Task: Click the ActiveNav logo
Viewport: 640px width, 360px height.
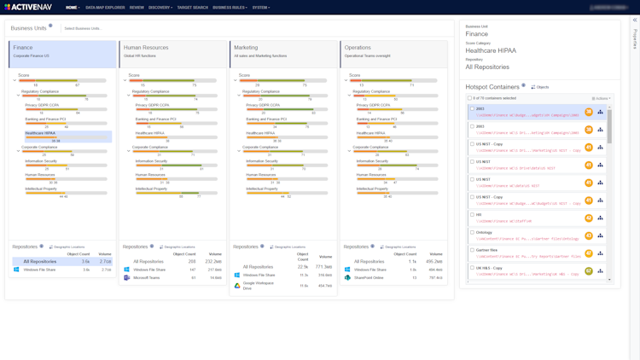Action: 28,7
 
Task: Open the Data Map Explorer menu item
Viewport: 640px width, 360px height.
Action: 105,8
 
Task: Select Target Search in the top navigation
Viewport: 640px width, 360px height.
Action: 192,8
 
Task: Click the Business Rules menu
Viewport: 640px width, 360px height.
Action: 230,8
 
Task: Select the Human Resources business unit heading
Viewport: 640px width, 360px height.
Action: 146,48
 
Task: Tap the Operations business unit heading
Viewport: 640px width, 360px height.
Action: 358,48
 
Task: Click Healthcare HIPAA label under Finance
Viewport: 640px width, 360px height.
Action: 40,133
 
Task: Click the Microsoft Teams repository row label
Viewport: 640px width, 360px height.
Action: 147,277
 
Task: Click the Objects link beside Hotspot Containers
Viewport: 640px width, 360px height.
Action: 540,87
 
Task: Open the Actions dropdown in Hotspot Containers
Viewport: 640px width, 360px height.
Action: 602,98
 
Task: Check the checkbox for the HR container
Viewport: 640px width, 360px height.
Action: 472,214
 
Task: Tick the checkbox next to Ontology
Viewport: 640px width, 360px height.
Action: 472,232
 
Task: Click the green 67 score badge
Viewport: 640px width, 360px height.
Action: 589,271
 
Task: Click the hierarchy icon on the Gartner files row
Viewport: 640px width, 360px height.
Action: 600,253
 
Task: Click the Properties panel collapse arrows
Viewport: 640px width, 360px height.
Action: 635,20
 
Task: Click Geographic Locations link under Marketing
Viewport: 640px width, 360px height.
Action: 288,247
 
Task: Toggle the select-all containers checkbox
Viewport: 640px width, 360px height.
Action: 469,98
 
